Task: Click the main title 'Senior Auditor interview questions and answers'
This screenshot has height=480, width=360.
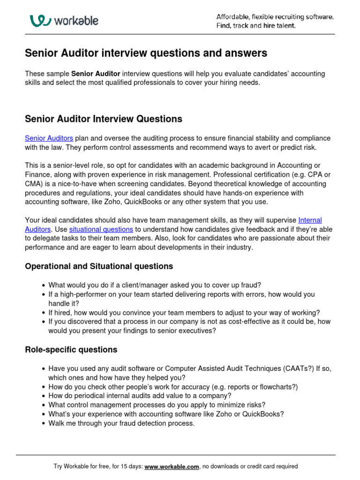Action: [146, 53]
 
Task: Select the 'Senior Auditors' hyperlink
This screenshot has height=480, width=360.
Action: [49, 138]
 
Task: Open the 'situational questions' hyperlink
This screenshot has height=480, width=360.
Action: [101, 229]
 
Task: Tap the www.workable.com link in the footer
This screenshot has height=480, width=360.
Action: [172, 466]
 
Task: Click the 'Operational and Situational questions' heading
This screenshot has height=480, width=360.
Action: [98, 266]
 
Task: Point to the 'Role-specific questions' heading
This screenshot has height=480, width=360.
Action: [71, 350]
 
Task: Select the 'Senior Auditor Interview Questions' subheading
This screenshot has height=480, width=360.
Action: [103, 119]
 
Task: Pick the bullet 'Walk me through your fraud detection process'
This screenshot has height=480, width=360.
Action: [121, 423]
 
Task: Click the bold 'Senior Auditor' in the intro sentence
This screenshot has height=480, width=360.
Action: [96, 74]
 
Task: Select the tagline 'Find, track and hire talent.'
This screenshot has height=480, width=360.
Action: [255, 26]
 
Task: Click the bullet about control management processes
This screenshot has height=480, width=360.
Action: [157, 405]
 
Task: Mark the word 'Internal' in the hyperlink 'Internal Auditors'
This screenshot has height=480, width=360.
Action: [310, 220]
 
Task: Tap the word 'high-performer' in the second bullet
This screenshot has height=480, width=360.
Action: [78, 294]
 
